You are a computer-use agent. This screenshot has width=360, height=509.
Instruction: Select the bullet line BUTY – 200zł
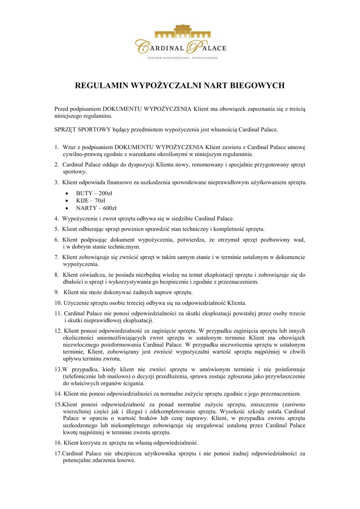94,193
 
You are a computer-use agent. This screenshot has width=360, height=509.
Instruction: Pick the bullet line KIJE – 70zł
90,200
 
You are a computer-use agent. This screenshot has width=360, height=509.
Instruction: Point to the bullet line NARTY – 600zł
96,208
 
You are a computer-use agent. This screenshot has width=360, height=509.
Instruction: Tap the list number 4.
57,219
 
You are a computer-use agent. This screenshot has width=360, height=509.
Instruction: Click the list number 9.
57,292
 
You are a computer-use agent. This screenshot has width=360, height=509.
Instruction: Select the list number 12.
58,330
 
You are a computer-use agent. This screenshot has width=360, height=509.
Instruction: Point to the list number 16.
58,442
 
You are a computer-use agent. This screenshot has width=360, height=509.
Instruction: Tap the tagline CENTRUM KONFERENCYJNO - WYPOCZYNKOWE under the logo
180,58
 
